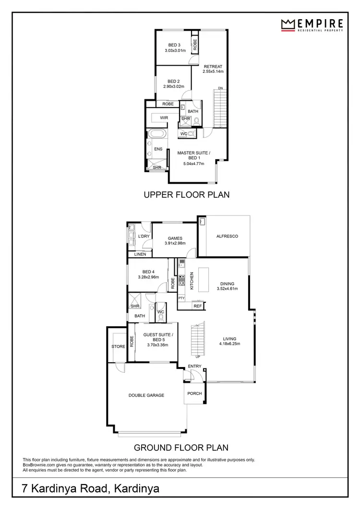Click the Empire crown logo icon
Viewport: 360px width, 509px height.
(x=287, y=24)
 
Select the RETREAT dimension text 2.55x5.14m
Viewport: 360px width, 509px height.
(x=213, y=71)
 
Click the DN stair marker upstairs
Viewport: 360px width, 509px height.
(x=220, y=88)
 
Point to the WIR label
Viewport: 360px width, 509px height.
(x=164, y=118)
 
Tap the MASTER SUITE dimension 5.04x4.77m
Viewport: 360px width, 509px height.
(x=193, y=164)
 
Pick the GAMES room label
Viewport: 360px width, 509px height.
(x=174, y=237)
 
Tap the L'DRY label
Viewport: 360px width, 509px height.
(x=144, y=237)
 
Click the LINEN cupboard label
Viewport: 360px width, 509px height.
(x=140, y=254)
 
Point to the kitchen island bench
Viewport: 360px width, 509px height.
(x=204, y=279)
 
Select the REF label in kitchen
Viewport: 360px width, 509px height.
(x=197, y=306)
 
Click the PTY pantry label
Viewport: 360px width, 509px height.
(x=181, y=298)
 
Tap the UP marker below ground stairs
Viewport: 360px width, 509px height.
(x=198, y=356)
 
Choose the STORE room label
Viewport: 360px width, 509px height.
(x=118, y=346)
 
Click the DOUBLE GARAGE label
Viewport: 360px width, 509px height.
(x=146, y=395)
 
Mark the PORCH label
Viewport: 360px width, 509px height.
(x=194, y=393)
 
